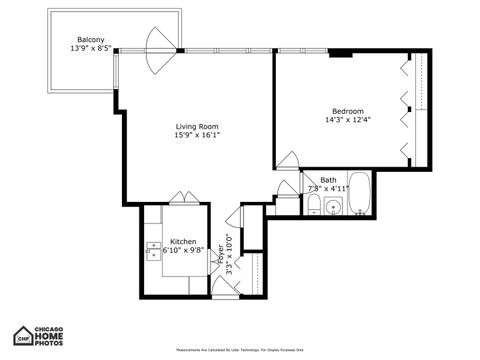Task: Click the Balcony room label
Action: click(92, 39)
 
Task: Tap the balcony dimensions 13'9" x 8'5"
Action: click(92, 48)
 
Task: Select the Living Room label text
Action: click(197, 127)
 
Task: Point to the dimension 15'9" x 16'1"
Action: click(197, 136)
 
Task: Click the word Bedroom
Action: click(348, 111)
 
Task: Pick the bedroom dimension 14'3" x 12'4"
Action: click(348, 120)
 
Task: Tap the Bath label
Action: click(328, 180)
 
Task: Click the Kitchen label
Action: click(183, 242)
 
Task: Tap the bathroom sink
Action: click(333, 208)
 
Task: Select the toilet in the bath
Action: click(313, 207)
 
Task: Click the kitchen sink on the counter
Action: click(154, 250)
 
